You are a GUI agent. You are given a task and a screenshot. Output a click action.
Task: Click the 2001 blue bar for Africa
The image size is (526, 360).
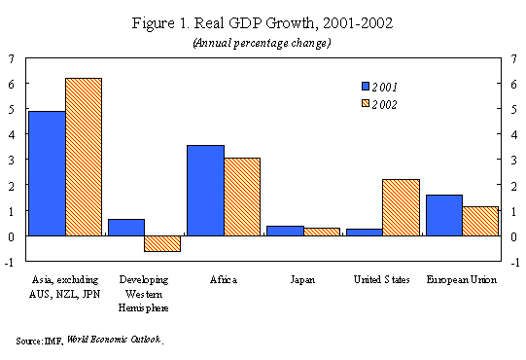tap(205, 191)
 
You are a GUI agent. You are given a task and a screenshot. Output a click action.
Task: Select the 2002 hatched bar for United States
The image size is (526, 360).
tap(401, 207)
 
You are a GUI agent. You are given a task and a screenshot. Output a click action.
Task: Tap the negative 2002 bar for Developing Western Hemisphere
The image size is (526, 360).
tap(162, 243)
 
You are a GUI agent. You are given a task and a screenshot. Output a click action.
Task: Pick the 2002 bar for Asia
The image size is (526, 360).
tap(84, 157)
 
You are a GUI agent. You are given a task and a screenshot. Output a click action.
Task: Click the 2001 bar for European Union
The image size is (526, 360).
tap(444, 215)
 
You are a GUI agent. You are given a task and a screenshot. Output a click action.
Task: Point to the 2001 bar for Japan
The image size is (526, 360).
tap(286, 231)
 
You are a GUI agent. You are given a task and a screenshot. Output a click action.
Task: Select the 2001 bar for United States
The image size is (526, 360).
tap(365, 233)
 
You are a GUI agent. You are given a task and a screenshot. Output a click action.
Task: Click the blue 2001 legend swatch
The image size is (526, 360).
tap(366, 87)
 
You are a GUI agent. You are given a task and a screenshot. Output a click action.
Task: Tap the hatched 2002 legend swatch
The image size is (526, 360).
tap(366, 103)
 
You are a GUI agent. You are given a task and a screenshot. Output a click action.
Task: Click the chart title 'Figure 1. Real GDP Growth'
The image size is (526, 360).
tap(223, 23)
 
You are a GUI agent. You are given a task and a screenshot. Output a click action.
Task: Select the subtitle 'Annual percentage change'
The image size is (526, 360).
tap(262, 44)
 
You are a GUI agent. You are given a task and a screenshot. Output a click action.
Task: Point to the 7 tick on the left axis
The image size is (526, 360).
tap(11, 59)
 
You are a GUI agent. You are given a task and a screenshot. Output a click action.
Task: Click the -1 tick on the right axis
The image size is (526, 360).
tap(515, 263)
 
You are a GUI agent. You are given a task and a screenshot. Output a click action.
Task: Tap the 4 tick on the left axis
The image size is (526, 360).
tap(11, 135)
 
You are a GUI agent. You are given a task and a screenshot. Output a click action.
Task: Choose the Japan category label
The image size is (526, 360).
tap(302, 280)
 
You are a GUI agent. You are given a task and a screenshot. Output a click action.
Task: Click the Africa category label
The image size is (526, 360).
tap(224, 280)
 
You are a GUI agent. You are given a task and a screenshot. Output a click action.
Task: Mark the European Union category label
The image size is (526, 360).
tap(461, 280)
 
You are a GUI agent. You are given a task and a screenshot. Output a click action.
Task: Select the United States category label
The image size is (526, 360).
tap(382, 280)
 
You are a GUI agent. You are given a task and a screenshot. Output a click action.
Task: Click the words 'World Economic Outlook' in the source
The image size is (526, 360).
tap(114, 340)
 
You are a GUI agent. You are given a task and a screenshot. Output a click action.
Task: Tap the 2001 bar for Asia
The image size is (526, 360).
tap(47, 173)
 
